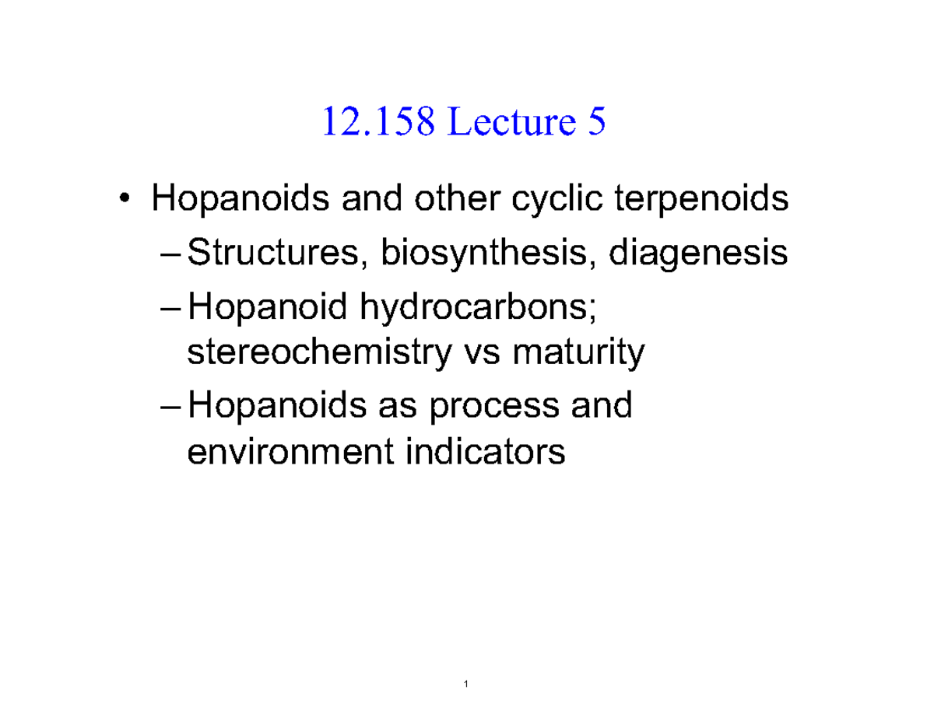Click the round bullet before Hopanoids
125,202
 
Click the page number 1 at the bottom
466,684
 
